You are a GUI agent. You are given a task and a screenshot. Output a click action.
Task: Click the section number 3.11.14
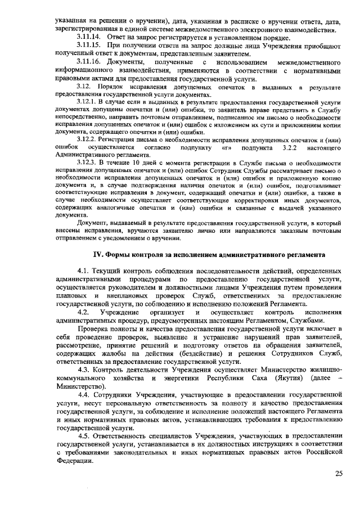[x=88, y=35]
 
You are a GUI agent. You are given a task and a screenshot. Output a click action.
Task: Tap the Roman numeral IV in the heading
[x=97, y=254]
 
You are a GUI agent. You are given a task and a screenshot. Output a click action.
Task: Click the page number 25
[x=339, y=474]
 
